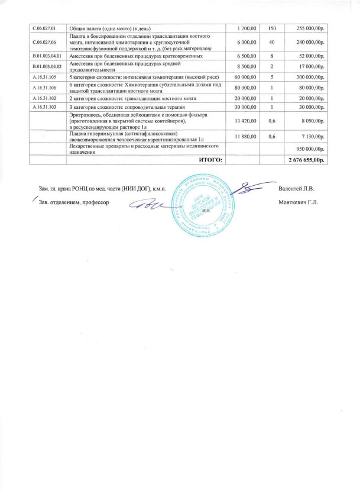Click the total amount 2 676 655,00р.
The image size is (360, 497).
[x=307, y=160]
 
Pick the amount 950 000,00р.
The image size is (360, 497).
[x=311, y=149]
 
